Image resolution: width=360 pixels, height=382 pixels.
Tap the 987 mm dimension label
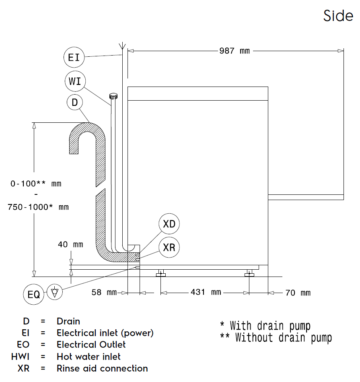pos(235,51)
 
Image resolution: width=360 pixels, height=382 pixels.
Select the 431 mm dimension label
pos(206,292)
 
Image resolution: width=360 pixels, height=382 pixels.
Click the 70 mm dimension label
pos(298,292)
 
